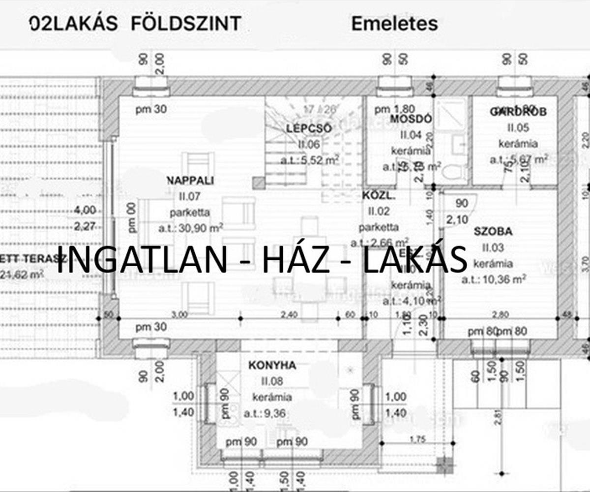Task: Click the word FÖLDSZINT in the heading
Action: click(186, 24)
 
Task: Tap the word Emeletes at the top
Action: click(394, 24)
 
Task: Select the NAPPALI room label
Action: click(190, 181)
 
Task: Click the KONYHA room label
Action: click(272, 366)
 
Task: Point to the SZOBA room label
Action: click(493, 231)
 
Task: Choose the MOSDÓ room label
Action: click(411, 119)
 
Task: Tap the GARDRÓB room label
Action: click(518, 112)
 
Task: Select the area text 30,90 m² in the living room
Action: click(191, 228)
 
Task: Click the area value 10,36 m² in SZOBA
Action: click(494, 280)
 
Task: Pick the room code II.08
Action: click(272, 381)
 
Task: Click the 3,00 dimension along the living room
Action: click(179, 314)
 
